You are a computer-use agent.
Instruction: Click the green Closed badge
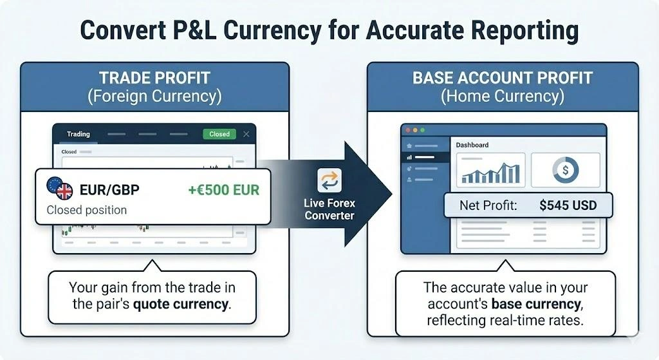tap(219, 134)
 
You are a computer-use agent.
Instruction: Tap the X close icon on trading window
tap(246, 134)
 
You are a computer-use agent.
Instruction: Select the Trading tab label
tap(79, 134)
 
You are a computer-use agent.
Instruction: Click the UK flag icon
tap(64, 192)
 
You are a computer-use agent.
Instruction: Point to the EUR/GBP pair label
tap(109, 190)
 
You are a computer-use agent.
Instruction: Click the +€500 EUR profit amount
tap(223, 190)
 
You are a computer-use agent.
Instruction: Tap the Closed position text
tap(87, 210)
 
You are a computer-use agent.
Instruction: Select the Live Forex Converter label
tap(329, 209)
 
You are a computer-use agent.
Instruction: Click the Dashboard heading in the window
tap(472, 145)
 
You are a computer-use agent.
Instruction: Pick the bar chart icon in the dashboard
tap(490, 170)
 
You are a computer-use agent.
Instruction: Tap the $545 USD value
tap(568, 206)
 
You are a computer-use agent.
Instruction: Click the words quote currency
tap(181, 303)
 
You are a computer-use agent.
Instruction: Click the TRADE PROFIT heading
tap(154, 79)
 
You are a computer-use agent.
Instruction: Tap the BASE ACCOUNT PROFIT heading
tap(503, 79)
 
